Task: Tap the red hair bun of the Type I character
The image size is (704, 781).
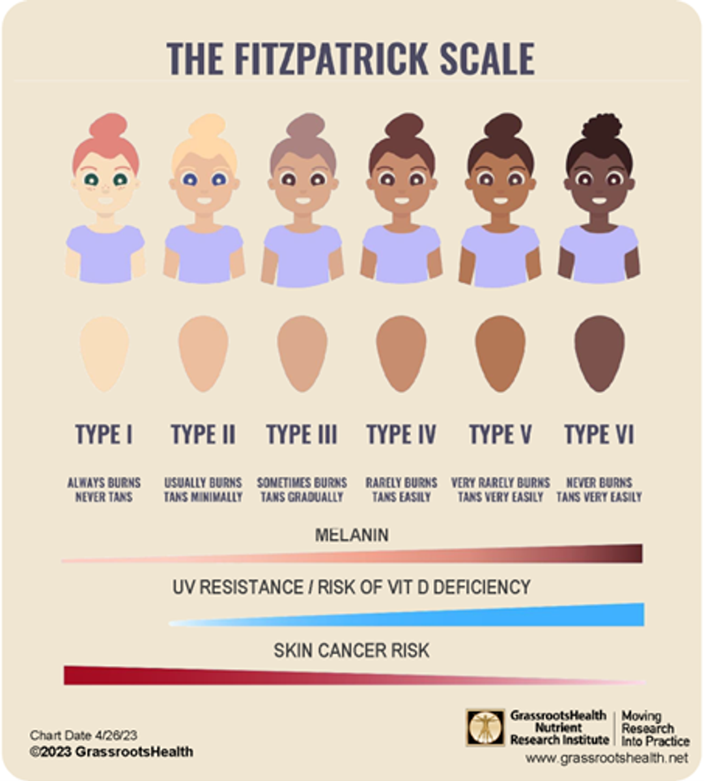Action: tap(107, 126)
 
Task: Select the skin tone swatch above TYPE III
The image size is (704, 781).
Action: tap(302, 353)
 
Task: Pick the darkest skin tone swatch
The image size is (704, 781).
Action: tap(599, 353)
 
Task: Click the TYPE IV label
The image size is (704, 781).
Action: tap(401, 434)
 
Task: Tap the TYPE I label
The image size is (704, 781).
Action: tap(104, 434)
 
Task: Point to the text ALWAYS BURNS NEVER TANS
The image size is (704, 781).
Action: tap(104, 489)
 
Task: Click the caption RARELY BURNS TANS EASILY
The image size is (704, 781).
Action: tap(401, 489)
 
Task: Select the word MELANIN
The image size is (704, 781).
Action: tap(352, 535)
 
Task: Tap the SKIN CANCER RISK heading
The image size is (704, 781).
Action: tap(352, 650)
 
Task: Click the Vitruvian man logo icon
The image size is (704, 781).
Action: tap(485, 727)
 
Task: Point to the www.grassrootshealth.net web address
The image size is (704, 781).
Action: tap(606, 758)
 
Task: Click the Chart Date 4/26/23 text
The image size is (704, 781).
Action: tap(83, 735)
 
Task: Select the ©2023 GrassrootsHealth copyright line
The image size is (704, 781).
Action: tap(111, 752)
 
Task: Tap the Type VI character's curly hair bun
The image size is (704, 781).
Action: tap(602, 126)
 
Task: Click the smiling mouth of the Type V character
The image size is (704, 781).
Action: tap(500, 200)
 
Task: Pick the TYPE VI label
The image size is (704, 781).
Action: tap(599, 434)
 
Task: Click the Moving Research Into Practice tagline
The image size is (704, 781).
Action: tap(654, 728)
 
